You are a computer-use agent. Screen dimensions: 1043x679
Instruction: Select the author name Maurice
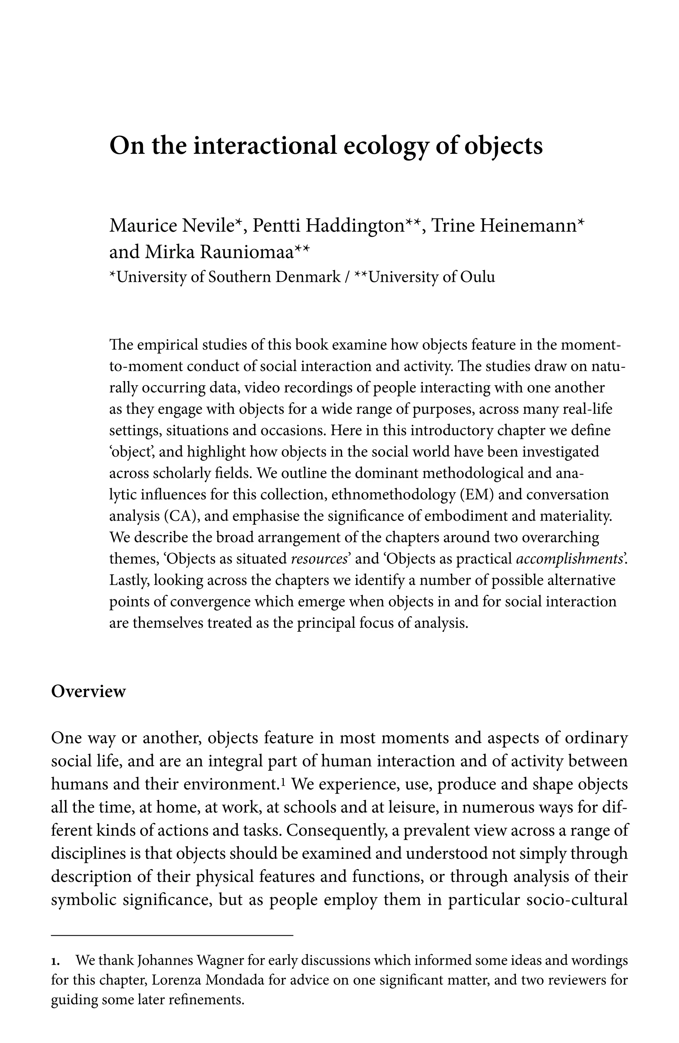point(142,226)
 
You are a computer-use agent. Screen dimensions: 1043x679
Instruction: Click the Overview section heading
point(89,691)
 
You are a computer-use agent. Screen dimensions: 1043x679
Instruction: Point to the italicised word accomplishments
point(570,559)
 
